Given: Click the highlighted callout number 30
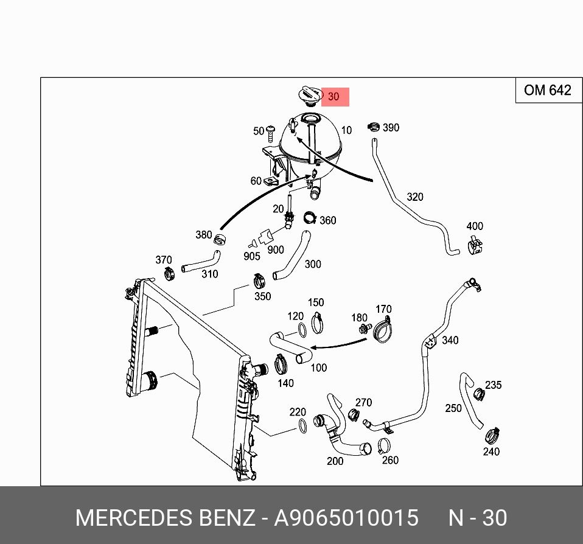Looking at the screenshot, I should (334, 97).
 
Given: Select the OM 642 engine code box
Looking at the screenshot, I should (547, 91).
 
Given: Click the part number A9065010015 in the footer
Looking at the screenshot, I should (346, 518).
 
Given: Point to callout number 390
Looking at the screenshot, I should (391, 128).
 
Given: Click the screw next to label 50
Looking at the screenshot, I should (271, 131).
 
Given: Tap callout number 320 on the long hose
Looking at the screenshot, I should (414, 197).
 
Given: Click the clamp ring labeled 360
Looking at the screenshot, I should (309, 217).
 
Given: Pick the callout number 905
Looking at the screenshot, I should (252, 256).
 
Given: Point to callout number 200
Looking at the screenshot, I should (335, 461).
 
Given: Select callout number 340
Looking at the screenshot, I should (450, 340).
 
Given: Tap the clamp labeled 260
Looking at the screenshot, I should (383, 445).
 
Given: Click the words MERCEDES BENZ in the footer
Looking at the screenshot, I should (165, 518).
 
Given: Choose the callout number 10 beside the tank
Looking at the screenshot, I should (346, 130).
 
